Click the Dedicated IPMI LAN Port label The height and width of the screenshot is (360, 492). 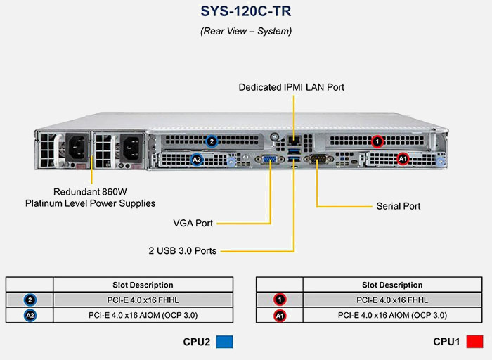coord(291,87)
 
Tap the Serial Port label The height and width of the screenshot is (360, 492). coord(399,206)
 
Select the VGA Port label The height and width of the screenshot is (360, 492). coord(193,223)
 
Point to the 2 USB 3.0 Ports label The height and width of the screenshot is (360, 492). coord(182,250)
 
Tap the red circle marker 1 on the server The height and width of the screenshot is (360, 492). coord(377,141)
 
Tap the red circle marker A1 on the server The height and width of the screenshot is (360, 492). coord(403,159)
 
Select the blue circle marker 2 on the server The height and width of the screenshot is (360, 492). coord(211,141)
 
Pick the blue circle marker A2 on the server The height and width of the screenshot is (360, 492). coord(198,160)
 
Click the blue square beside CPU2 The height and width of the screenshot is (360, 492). coord(224,342)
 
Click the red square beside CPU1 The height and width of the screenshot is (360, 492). coord(475,342)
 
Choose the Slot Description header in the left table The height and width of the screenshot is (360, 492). coord(143,285)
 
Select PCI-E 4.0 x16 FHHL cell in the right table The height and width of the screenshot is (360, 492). coord(392,300)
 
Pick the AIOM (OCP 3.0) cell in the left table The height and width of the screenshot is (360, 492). coord(143,315)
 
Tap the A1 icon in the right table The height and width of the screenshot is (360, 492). coord(279,315)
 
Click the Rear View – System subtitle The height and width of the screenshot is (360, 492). coord(245,31)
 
